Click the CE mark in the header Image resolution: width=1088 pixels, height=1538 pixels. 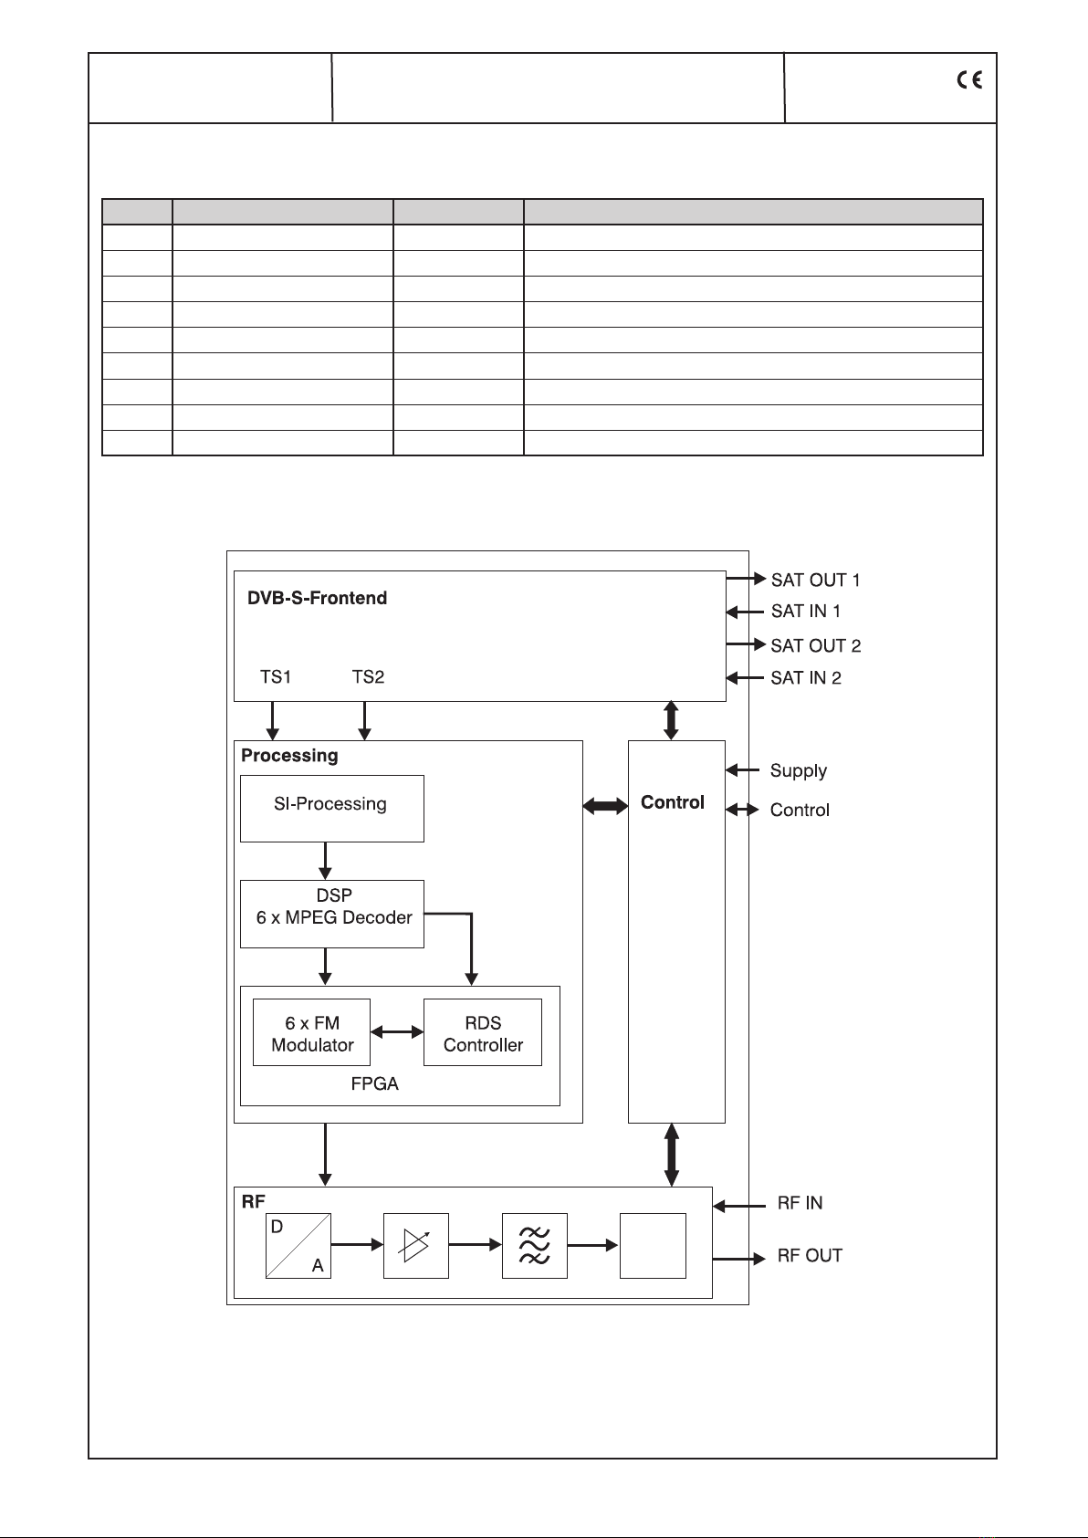pos(969,80)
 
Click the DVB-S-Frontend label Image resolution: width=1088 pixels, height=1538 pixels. pos(317,598)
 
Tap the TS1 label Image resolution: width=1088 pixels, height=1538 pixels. pos(276,676)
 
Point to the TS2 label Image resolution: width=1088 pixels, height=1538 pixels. pos(368,676)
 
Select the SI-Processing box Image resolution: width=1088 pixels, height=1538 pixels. pos(331,808)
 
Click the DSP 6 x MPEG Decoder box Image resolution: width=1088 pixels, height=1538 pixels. pos(331,914)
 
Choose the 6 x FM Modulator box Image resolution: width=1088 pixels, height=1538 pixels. pos(311,1032)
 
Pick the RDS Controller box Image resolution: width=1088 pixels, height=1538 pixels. pos(482,1032)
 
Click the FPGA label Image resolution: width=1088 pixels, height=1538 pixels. pos(374,1084)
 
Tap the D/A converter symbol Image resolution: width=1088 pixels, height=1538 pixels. pos(298,1246)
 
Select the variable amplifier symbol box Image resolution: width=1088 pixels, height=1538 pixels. pos(416,1246)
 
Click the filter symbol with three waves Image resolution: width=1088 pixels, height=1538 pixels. pos(534,1246)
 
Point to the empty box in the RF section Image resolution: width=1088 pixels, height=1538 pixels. pos(653,1246)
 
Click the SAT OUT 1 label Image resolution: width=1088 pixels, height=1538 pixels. pos(815,580)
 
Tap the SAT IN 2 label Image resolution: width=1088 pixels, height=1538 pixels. pos(805,677)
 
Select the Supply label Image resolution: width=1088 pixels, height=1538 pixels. pos(798,770)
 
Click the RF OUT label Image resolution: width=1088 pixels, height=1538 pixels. pos(809,1256)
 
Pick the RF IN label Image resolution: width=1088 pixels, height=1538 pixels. pos(800,1203)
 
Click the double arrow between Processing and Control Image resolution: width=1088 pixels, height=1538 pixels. pos(605,806)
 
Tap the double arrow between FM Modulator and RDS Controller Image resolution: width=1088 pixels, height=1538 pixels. pos(397,1032)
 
